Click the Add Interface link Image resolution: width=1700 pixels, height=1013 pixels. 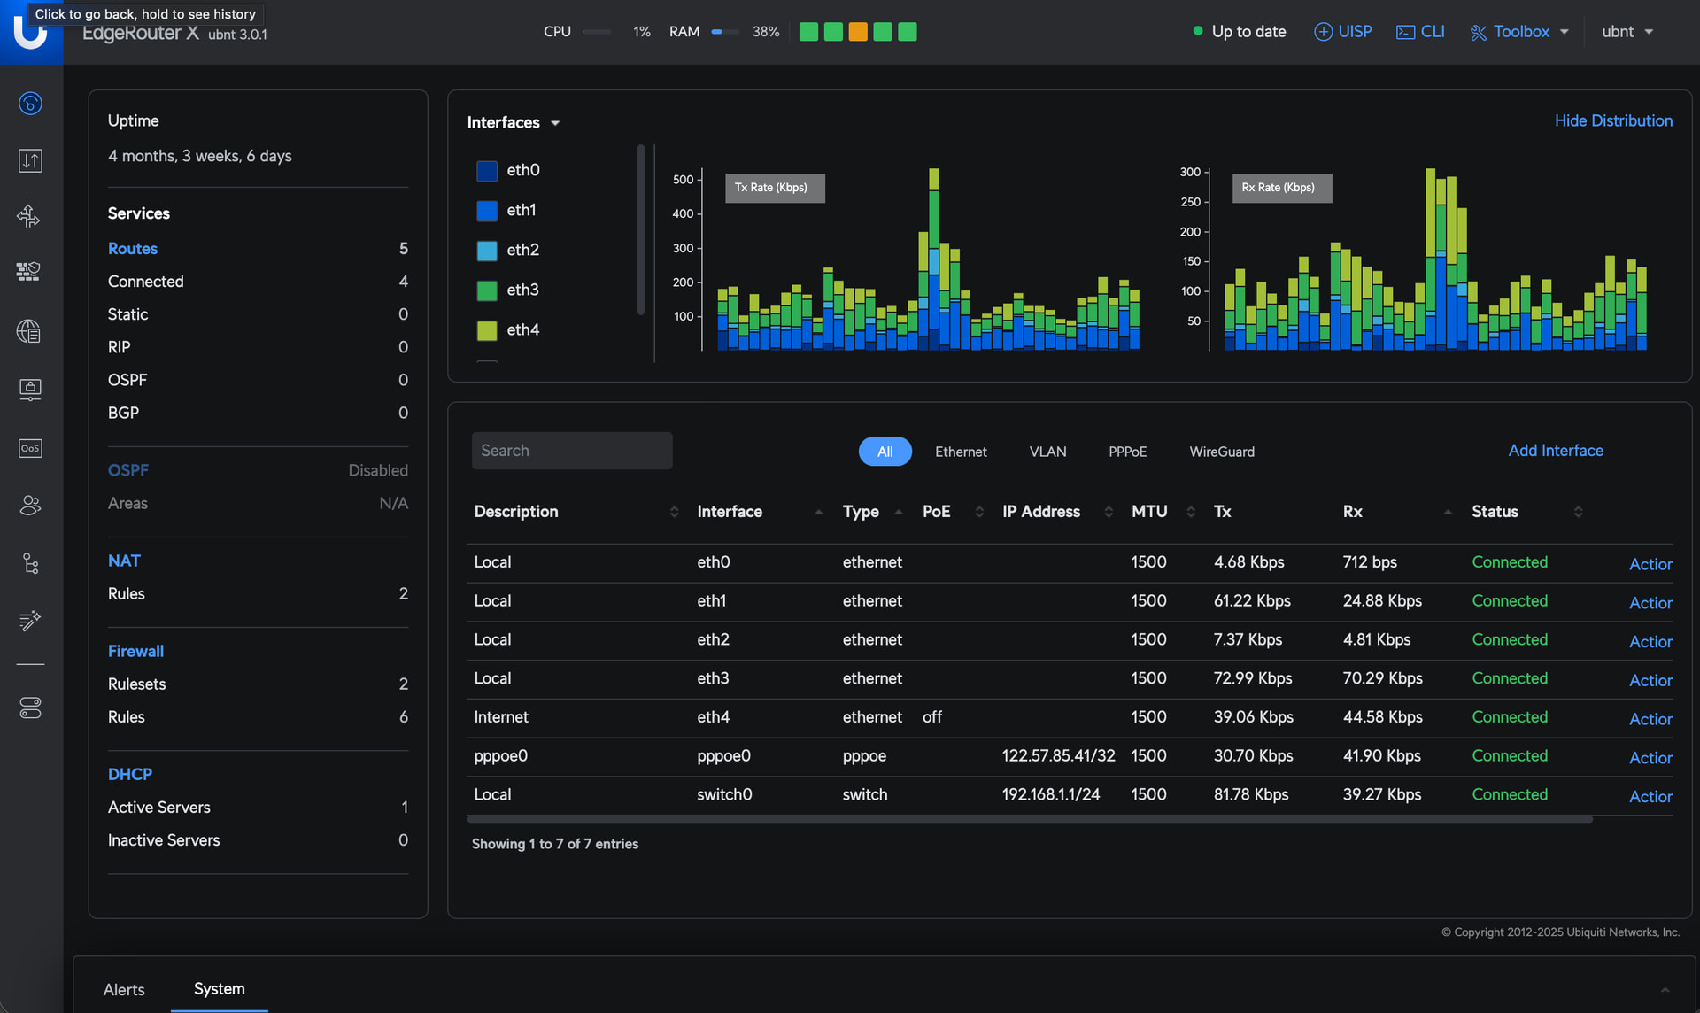click(1556, 451)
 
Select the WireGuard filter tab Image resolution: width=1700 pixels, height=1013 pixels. click(1222, 452)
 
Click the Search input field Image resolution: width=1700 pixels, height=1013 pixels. click(572, 451)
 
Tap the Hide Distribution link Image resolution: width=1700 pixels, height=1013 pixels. click(1613, 120)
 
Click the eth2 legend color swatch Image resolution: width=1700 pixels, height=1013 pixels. click(487, 251)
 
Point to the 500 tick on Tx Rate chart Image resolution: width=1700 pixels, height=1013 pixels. click(684, 179)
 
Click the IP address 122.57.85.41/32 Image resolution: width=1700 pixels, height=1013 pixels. click(1058, 755)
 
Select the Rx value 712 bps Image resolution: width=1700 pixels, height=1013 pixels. click(1370, 562)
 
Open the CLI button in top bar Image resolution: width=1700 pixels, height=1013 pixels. click(1420, 32)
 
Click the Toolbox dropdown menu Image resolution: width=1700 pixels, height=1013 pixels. click(1519, 32)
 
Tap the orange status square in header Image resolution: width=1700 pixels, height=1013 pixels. click(858, 32)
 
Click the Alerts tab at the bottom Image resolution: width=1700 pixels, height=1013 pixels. click(124, 989)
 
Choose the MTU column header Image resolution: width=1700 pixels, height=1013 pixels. click(1149, 512)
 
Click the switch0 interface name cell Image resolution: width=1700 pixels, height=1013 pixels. click(724, 794)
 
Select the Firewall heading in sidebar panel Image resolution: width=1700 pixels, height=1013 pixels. click(135, 651)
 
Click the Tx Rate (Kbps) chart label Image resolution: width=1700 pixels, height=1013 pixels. click(771, 188)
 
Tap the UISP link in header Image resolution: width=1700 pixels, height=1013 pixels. click(1342, 32)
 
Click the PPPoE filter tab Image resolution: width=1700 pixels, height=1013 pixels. click(1127, 452)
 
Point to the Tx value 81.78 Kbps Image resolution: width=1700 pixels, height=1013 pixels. click(1251, 794)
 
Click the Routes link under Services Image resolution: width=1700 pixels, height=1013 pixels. click(133, 249)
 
